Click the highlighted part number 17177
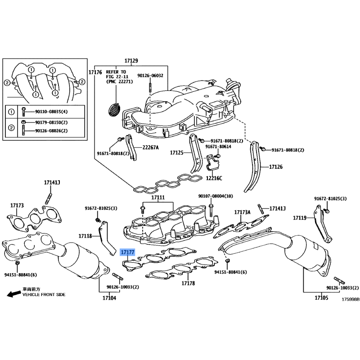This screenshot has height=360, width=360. click(x=127, y=252)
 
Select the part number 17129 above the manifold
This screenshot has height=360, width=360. click(x=131, y=61)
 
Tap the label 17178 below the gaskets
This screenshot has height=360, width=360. click(x=188, y=283)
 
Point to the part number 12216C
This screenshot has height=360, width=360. click(x=214, y=178)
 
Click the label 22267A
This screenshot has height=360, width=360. click(x=150, y=148)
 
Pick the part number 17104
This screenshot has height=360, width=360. click(x=109, y=298)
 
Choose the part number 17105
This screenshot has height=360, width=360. click(x=321, y=298)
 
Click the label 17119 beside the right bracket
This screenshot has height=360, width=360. click(x=300, y=218)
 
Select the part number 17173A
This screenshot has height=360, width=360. click(x=242, y=212)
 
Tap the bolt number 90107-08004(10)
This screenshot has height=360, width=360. click(x=216, y=196)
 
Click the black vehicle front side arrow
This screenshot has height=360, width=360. click(x=13, y=294)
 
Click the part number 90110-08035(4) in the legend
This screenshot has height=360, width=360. click(x=51, y=112)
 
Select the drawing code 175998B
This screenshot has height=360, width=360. click(x=351, y=299)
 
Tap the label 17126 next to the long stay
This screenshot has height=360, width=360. click(x=276, y=167)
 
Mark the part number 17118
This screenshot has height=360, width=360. click(x=85, y=236)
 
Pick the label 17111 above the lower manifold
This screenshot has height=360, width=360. click(x=158, y=198)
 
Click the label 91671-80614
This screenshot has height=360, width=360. click(x=218, y=147)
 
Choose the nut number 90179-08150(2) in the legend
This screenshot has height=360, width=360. click(x=51, y=122)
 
